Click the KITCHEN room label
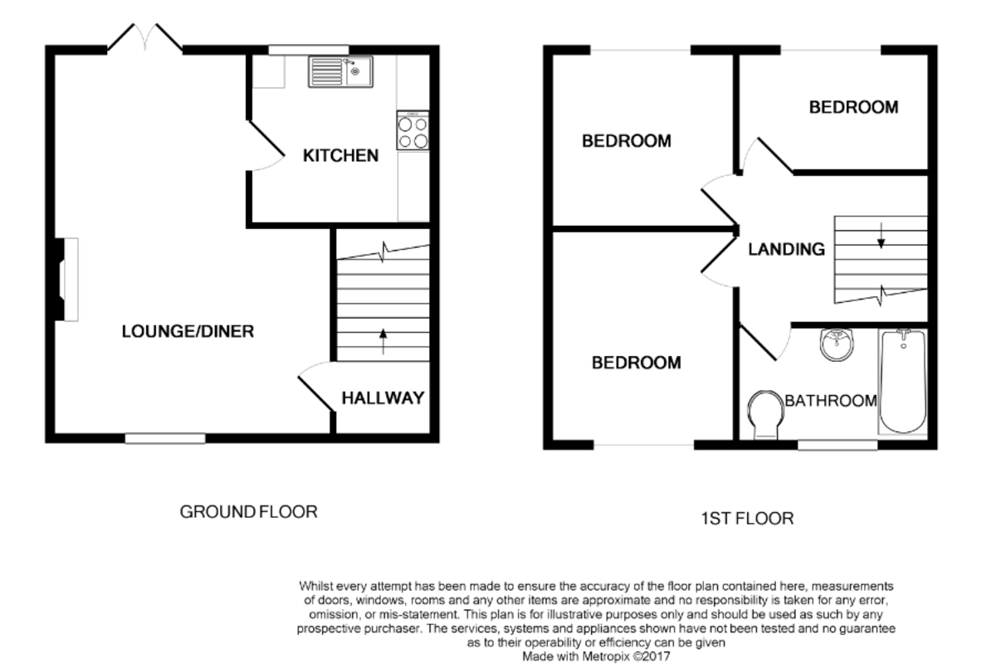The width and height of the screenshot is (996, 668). (x=340, y=155)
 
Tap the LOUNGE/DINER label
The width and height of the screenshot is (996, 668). (x=188, y=332)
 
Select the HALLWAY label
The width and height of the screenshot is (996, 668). (x=383, y=397)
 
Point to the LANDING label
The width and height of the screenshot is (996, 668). (x=786, y=249)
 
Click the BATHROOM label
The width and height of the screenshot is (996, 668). (x=831, y=401)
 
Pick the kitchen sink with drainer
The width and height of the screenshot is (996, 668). (x=340, y=71)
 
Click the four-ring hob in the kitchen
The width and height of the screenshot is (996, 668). (x=413, y=130)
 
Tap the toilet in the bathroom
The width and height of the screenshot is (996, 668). (x=765, y=414)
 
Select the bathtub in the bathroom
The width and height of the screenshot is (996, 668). (x=903, y=382)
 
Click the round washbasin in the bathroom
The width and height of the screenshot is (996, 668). (x=837, y=344)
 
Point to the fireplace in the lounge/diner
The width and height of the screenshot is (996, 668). (x=66, y=280)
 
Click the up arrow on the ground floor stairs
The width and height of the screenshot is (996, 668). (x=383, y=341)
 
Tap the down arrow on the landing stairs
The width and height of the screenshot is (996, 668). (x=881, y=235)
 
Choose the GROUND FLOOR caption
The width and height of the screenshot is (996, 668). (x=248, y=512)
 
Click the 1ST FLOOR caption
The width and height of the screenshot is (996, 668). (x=747, y=519)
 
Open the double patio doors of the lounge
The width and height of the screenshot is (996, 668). (x=145, y=38)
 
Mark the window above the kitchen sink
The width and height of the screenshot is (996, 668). (x=309, y=50)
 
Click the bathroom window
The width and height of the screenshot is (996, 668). (x=837, y=445)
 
